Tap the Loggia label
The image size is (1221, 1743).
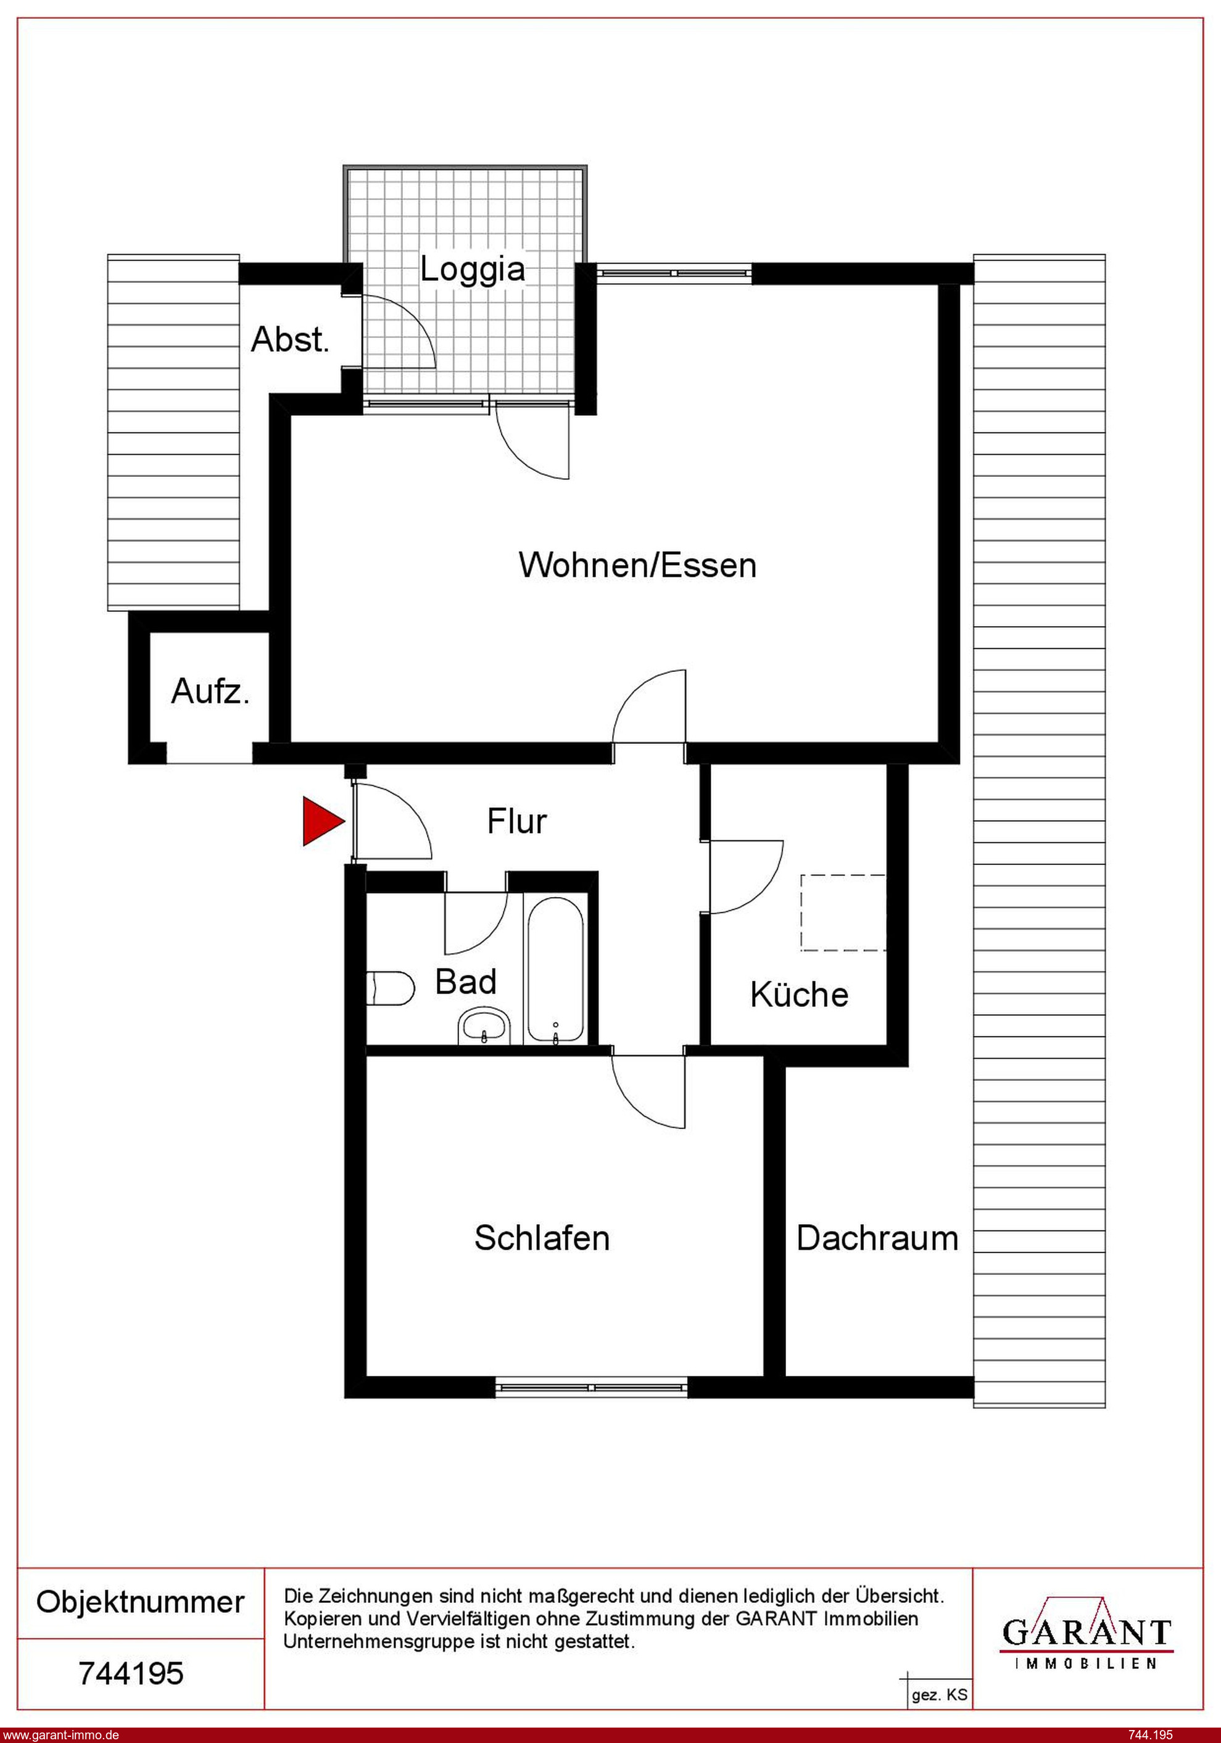point(473,270)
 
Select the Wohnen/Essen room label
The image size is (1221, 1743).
point(638,566)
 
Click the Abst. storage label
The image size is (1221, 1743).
point(291,339)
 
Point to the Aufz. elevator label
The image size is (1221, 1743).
point(210,691)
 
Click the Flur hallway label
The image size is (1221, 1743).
point(517,821)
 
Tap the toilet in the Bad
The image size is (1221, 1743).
point(391,988)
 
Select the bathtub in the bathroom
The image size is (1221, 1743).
point(556,970)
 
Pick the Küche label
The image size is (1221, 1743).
point(799,995)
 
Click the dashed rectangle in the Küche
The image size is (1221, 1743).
point(843,912)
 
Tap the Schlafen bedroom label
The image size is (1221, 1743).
point(542,1238)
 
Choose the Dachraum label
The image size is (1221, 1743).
point(877,1238)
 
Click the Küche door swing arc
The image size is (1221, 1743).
point(746,877)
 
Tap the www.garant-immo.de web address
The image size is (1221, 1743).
point(60,1734)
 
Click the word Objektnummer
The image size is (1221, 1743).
point(141,1602)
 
